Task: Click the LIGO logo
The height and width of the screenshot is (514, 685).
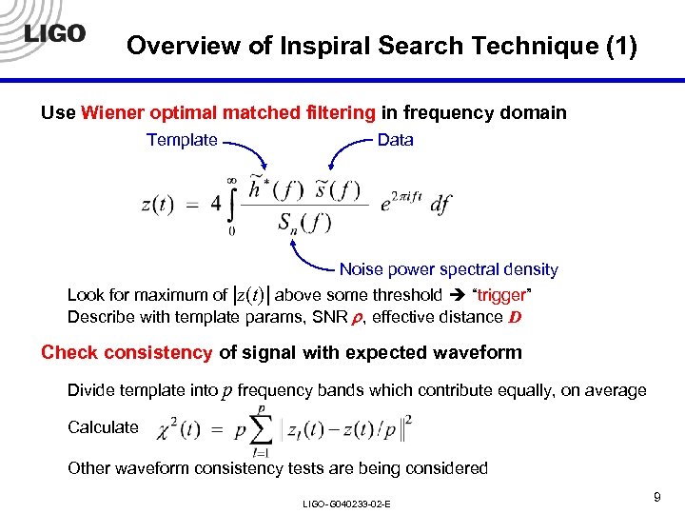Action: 53,34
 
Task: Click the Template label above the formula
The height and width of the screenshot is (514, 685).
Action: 182,140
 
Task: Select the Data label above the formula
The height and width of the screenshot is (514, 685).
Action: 395,140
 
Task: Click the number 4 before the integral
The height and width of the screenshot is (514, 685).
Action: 215,204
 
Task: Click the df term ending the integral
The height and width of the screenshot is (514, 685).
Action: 440,204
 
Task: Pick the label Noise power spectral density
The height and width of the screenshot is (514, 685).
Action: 448,270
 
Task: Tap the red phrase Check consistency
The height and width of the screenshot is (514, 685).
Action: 127,352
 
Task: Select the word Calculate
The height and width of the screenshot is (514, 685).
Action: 103,427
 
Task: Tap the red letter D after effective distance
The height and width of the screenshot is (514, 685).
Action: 513,317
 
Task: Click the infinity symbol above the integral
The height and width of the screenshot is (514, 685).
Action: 231,178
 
